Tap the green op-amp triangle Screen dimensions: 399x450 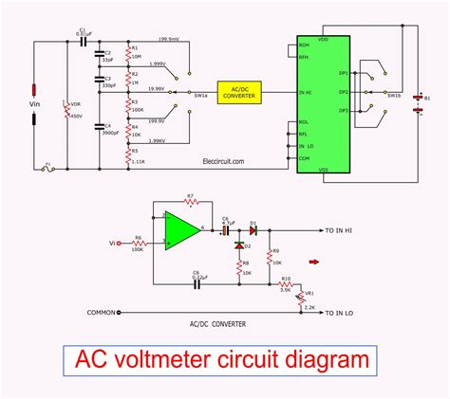point(180,229)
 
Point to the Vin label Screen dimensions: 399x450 point(36,105)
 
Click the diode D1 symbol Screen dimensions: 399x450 point(253,230)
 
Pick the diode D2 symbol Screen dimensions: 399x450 point(237,245)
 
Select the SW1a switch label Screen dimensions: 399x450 point(201,96)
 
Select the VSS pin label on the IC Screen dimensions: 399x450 point(323,171)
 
